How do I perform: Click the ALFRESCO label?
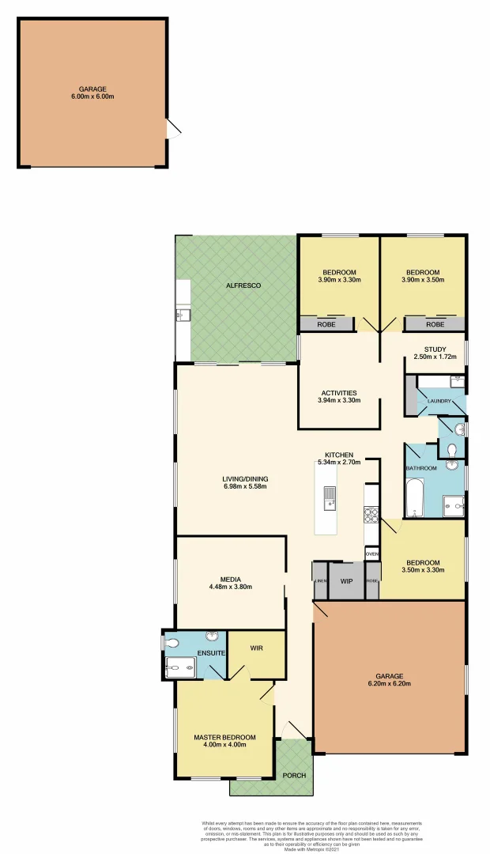[237, 285]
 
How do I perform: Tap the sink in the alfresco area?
[180, 315]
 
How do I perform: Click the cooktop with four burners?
[370, 514]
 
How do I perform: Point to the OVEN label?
[372, 554]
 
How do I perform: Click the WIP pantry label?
[346, 581]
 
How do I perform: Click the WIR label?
[256, 648]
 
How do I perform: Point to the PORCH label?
[294, 776]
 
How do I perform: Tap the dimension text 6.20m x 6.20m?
[390, 684]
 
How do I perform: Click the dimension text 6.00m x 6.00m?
[92, 97]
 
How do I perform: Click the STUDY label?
[435, 350]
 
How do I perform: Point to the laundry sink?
[456, 382]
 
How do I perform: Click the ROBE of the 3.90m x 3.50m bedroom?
[435, 324]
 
